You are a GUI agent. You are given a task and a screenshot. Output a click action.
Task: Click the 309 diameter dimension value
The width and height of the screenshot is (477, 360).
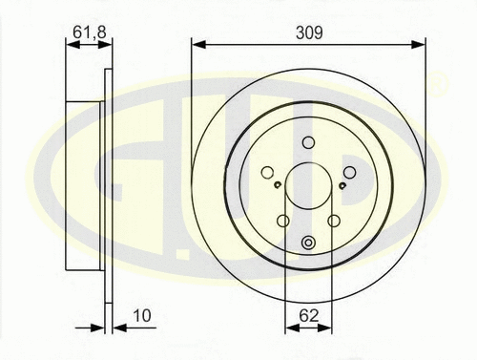click(308, 32)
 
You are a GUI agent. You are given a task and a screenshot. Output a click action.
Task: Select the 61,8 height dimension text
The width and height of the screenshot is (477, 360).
click(88, 32)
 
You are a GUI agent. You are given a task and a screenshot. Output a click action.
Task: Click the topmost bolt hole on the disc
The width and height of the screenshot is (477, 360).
click(308, 143)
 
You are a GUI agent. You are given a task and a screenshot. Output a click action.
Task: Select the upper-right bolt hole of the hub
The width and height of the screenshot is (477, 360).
click(349, 172)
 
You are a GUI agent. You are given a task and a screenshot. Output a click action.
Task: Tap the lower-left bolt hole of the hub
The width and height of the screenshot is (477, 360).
click(282, 222)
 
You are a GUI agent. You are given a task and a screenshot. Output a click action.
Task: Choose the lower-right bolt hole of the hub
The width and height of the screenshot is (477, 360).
click(334, 222)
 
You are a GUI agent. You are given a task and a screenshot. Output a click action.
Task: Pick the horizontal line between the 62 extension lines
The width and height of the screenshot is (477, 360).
click(308, 328)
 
